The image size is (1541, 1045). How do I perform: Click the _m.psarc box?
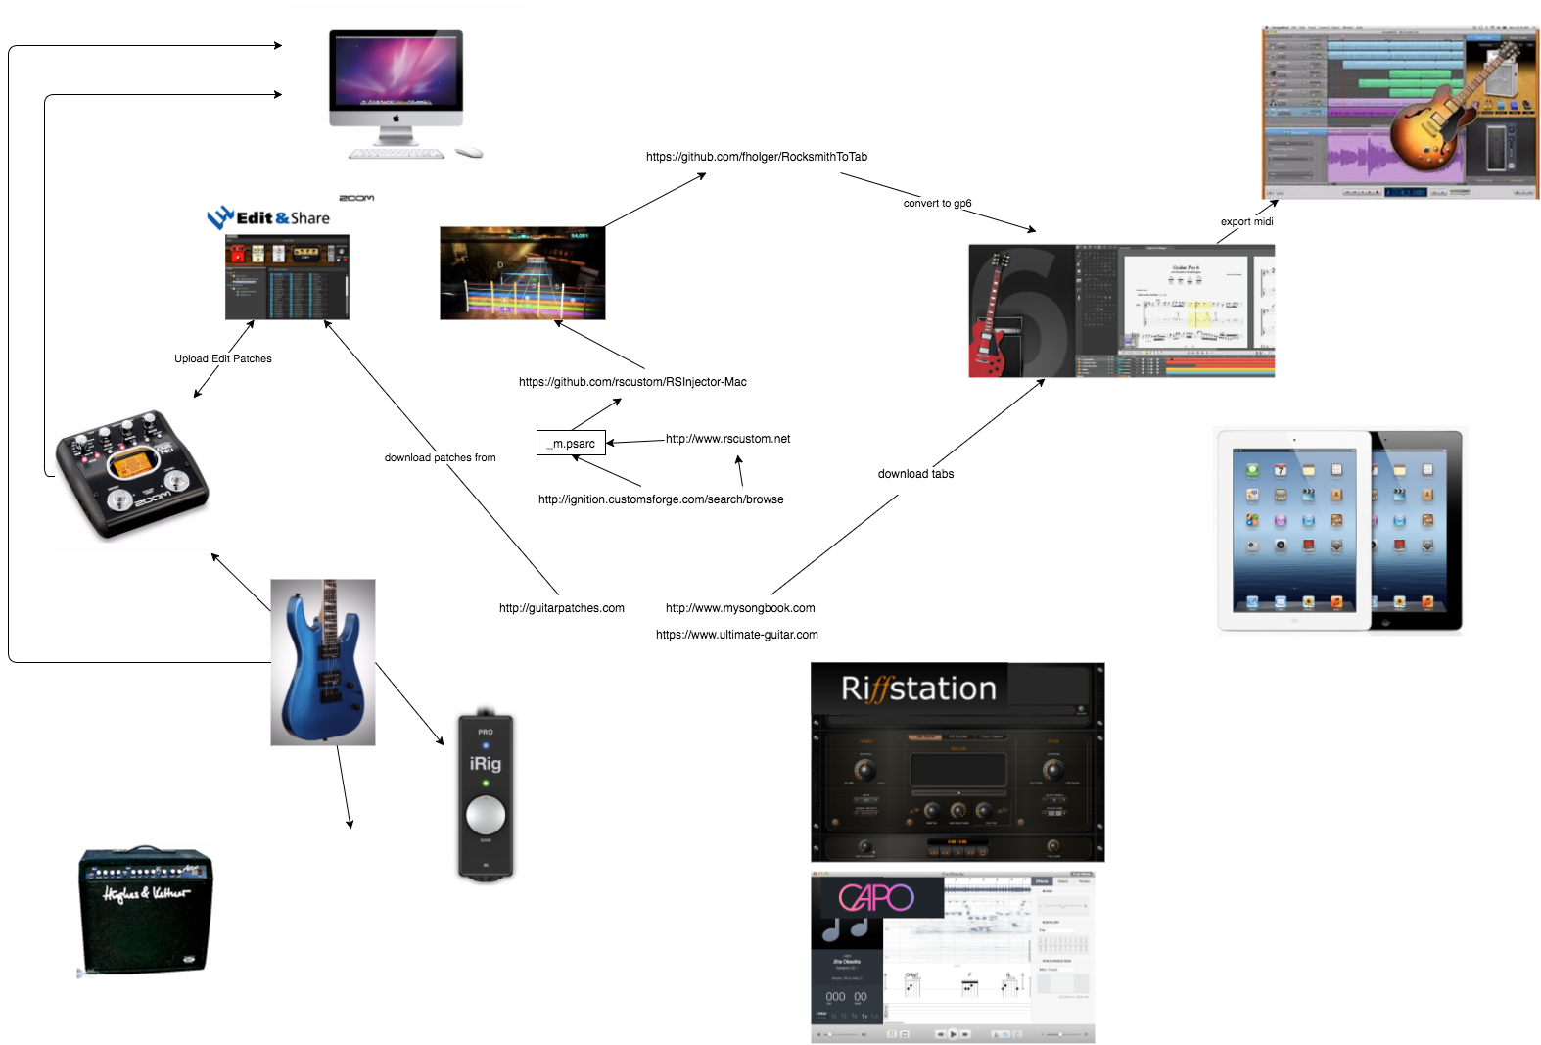(x=572, y=444)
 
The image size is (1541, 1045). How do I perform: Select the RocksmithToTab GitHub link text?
(x=756, y=157)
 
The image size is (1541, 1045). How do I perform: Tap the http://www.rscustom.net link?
(x=727, y=439)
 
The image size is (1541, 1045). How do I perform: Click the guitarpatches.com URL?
(x=561, y=608)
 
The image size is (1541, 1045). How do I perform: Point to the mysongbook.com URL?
(x=740, y=608)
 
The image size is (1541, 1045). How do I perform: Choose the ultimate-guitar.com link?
(x=736, y=635)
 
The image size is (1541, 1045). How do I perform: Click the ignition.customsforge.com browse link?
(x=661, y=499)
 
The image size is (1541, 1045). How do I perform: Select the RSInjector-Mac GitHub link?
(x=632, y=382)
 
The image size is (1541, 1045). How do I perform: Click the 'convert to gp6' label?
(x=937, y=204)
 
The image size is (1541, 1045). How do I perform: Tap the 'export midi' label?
(x=1246, y=222)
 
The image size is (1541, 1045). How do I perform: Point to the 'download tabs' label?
(x=915, y=474)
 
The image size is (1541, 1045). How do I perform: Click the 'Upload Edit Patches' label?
(x=223, y=359)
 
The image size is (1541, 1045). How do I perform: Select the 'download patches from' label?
(x=440, y=458)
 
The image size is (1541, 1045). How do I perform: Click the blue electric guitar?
(x=322, y=661)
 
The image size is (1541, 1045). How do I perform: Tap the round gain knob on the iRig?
(x=486, y=814)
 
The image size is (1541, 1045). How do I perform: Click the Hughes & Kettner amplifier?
(x=146, y=911)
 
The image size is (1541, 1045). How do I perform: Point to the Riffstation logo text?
(x=918, y=689)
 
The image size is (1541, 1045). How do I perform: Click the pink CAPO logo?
(x=876, y=897)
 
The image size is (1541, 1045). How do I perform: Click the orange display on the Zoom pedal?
(x=128, y=463)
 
